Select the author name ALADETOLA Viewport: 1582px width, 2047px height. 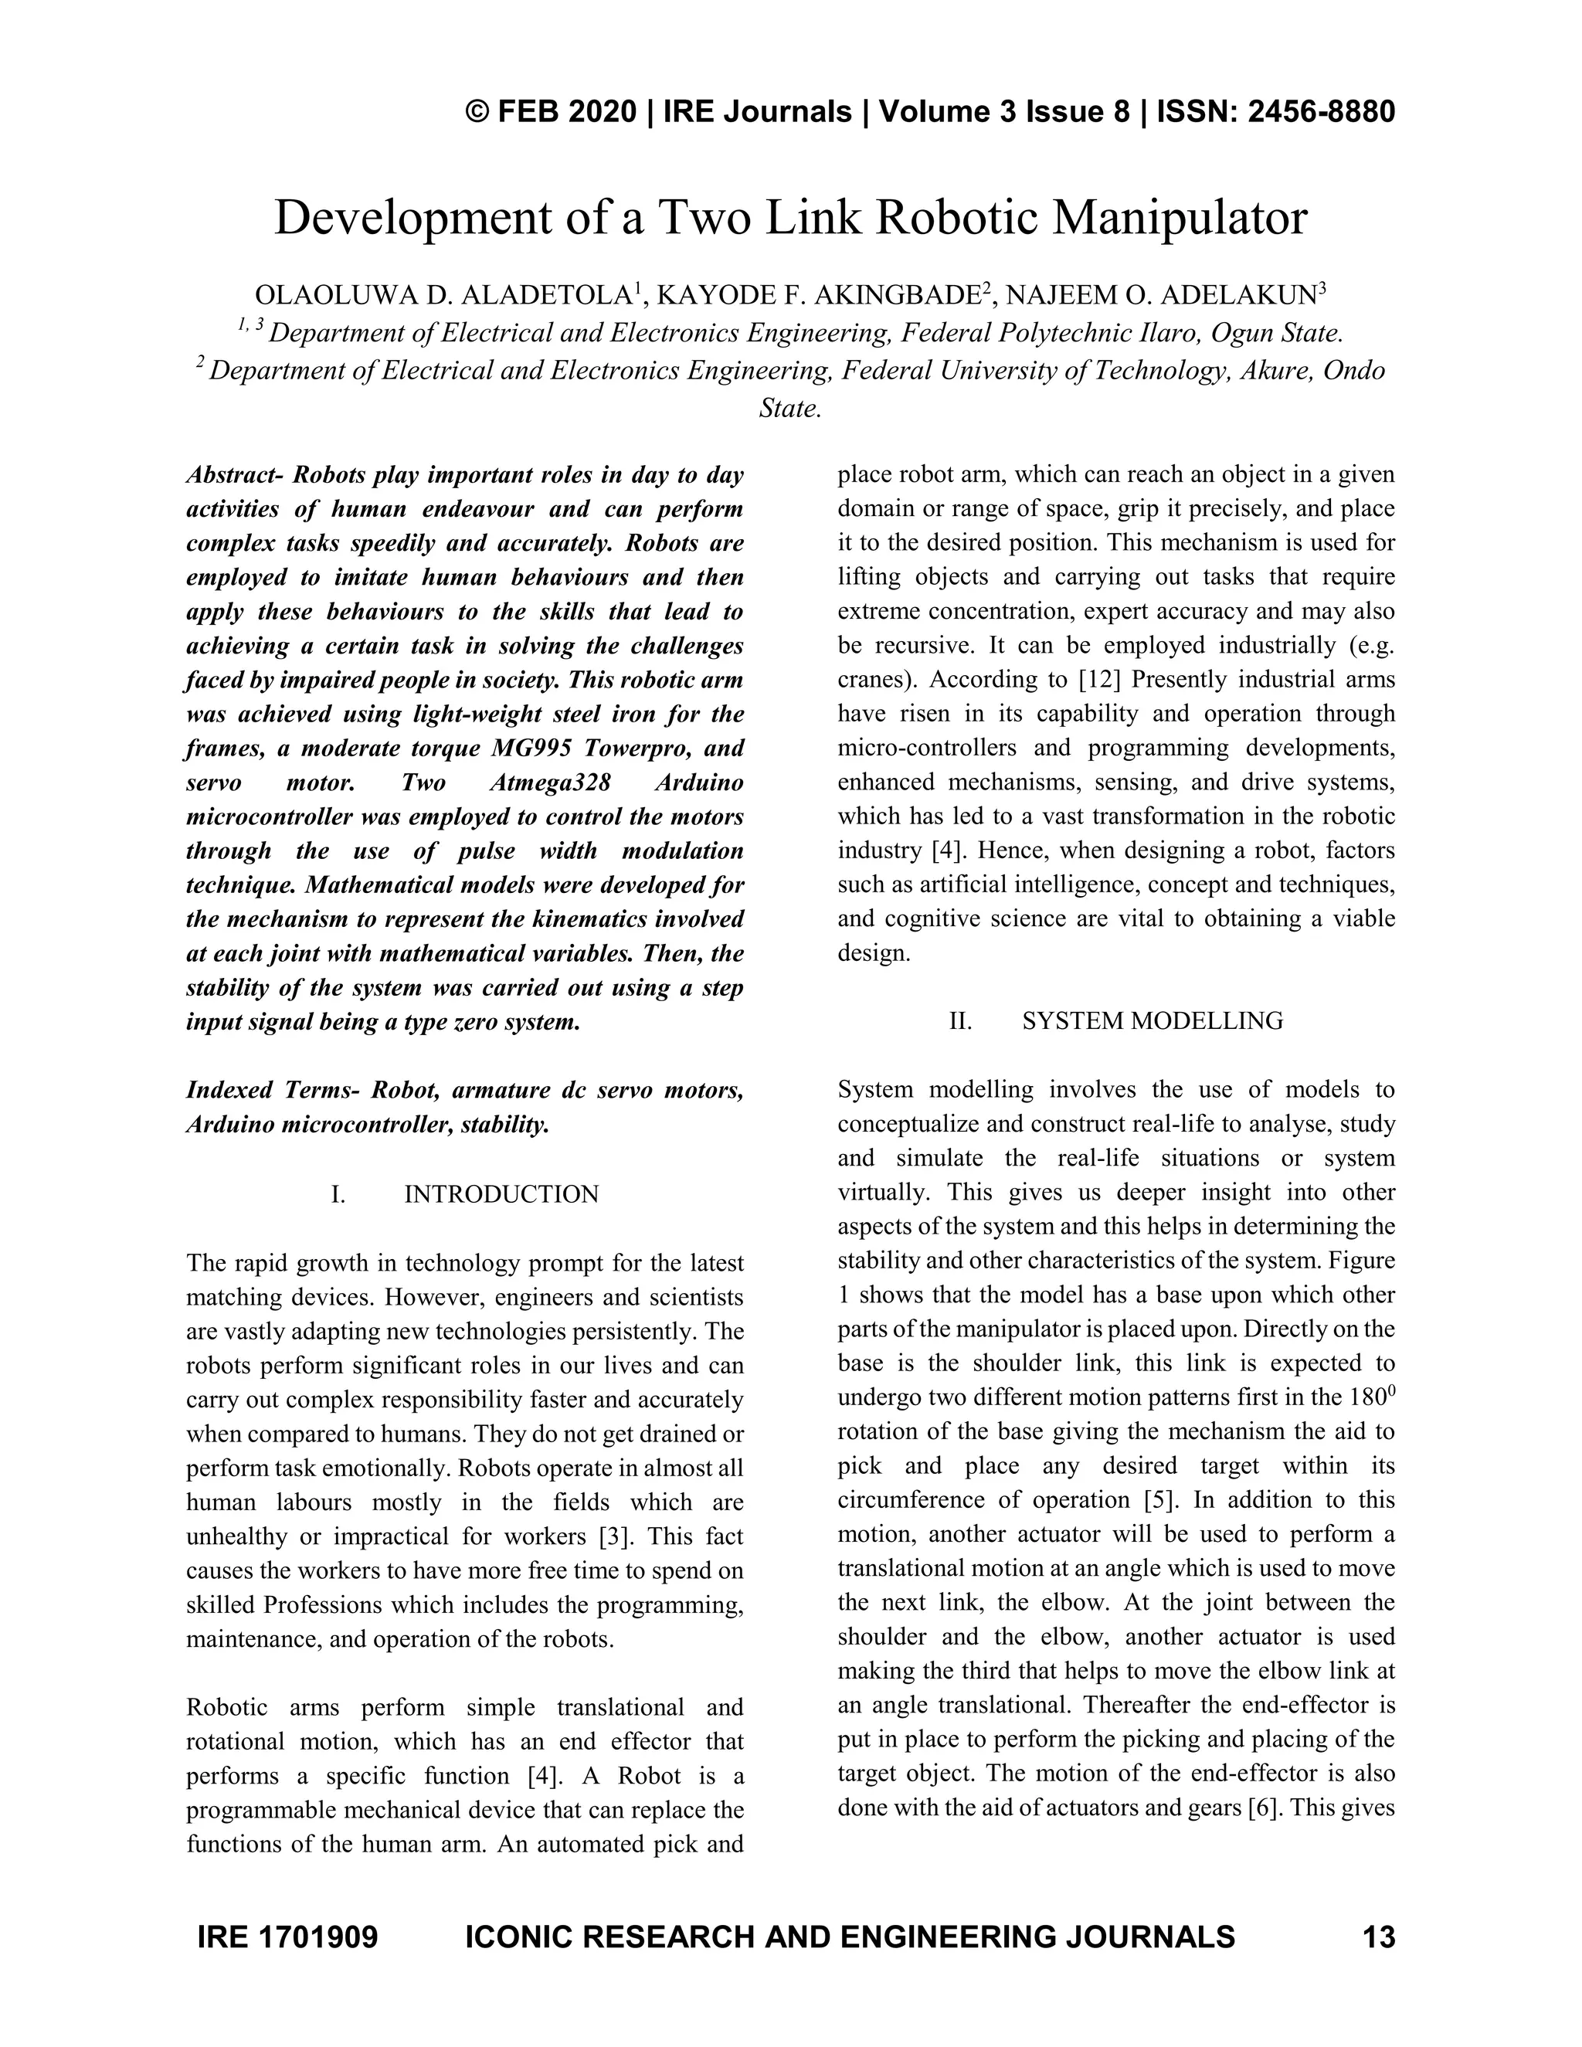pos(544,296)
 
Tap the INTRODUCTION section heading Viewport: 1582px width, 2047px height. pos(501,1194)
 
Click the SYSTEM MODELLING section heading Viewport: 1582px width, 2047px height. pos(1152,1020)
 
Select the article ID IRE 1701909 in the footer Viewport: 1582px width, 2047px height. pos(287,1937)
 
